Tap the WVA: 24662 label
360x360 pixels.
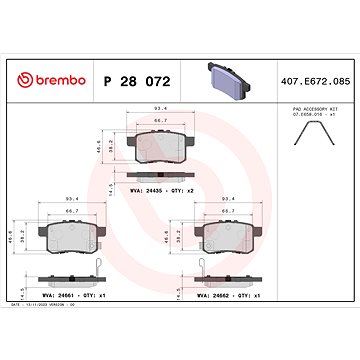pos(217,297)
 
